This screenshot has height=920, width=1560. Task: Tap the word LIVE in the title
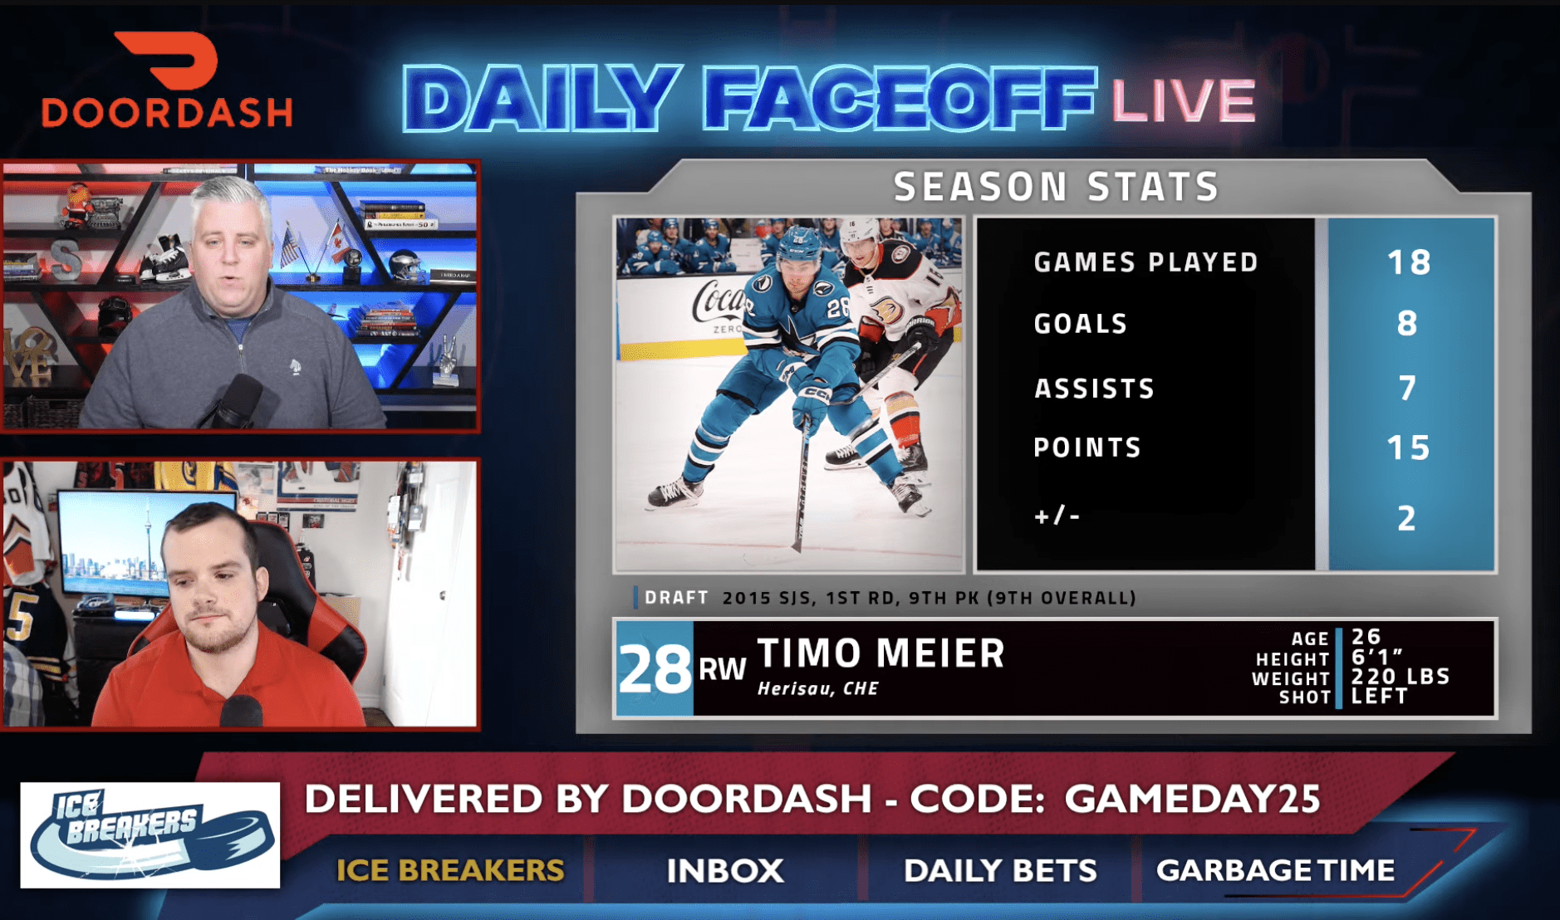[x=1183, y=100]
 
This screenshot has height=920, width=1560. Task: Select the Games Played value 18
[x=1409, y=262]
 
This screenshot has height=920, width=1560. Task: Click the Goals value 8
[x=1407, y=323]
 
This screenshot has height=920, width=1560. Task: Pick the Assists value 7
[x=1407, y=388]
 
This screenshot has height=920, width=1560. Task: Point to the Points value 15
[x=1409, y=448]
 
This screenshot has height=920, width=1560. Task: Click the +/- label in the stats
[x=1057, y=516]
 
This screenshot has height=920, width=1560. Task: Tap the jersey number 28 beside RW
[x=655, y=669]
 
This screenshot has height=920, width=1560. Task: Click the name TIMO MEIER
[x=881, y=653]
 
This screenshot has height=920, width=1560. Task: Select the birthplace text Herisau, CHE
[x=818, y=688]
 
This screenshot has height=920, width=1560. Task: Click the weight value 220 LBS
[x=1401, y=677]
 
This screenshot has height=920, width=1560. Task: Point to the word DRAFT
[x=676, y=598]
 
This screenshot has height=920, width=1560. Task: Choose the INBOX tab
[x=725, y=871]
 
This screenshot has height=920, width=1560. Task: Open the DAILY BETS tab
[x=1000, y=871]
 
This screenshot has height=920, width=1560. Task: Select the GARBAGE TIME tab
[x=1275, y=870]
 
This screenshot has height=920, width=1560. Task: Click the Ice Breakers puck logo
[x=150, y=834]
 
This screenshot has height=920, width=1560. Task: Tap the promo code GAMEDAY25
[x=1193, y=799]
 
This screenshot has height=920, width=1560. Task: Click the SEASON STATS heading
[x=1056, y=187]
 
